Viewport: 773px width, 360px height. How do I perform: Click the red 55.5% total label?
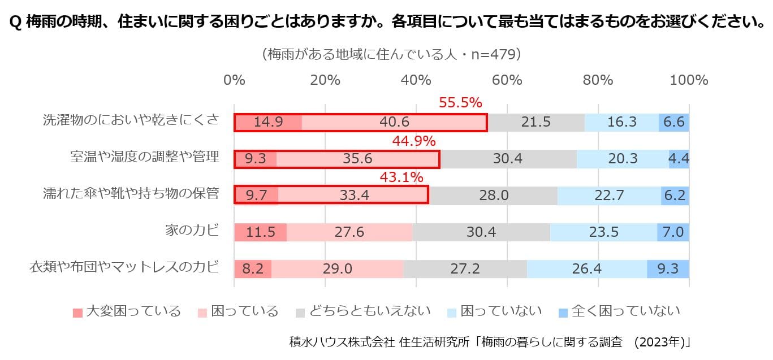tap(460, 103)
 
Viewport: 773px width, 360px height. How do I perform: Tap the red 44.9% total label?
tap(414, 141)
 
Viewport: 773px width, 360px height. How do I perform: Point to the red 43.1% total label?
tap(401, 177)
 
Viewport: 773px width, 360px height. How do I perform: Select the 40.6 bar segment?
tap(394, 122)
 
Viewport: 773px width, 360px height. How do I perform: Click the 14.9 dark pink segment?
tap(268, 122)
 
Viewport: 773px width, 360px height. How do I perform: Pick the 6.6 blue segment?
tap(674, 122)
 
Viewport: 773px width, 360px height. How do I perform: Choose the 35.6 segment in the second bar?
tap(357, 159)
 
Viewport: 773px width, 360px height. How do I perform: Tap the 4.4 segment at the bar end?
tap(679, 159)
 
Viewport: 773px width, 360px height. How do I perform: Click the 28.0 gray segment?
tap(493, 196)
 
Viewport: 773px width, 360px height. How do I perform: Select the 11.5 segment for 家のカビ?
tap(260, 232)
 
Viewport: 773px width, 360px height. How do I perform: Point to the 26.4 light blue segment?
tap(586, 269)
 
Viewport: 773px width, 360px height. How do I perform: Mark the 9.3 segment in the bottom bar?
tap(668, 269)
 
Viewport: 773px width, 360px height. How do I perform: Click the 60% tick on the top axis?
tap(507, 80)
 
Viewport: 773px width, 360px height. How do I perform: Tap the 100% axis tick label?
tap(689, 80)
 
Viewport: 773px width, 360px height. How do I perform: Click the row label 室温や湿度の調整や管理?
tap(144, 157)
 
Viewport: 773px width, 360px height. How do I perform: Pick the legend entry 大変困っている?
tap(127, 311)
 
